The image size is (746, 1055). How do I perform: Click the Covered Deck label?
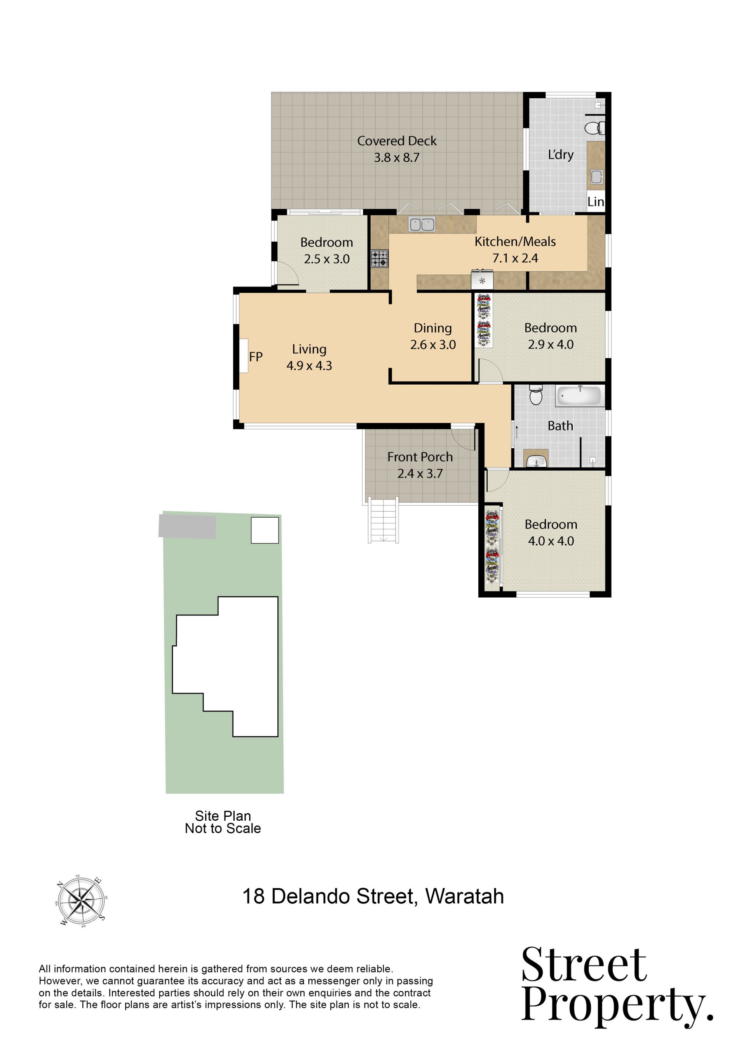(397, 141)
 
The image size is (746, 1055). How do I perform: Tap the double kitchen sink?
(422, 224)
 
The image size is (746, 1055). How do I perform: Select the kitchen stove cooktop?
(380, 259)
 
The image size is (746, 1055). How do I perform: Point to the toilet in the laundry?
(594, 128)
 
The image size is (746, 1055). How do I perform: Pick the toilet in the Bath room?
(536, 395)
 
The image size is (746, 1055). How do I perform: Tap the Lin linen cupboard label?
(596, 202)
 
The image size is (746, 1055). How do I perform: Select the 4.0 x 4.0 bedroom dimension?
(551, 541)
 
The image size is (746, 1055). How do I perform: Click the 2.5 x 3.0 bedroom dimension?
(327, 259)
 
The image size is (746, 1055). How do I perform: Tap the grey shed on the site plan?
(187, 527)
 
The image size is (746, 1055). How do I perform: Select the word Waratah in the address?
(464, 896)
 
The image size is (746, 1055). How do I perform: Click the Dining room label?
(433, 328)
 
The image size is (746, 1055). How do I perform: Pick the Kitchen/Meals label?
(515, 242)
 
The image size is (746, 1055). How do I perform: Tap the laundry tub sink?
(596, 177)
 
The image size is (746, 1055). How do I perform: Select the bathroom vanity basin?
(536, 460)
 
